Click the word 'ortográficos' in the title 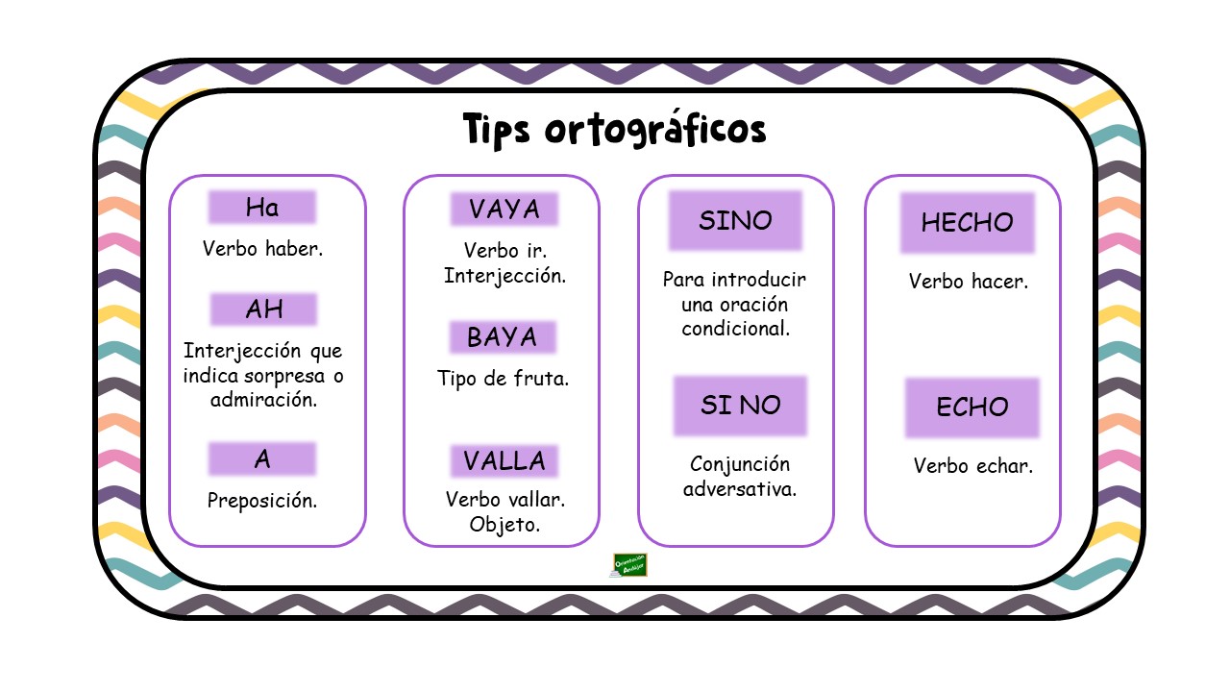[x=655, y=130]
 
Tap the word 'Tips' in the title [x=497, y=130]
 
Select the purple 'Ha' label [x=262, y=207]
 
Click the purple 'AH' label [x=263, y=309]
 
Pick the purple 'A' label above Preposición [x=262, y=458]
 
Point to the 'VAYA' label [x=504, y=209]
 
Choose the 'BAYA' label [x=503, y=336]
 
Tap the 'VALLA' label [x=504, y=460]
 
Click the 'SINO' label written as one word [x=735, y=220]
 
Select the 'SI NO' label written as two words [x=740, y=406]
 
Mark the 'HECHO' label [x=968, y=222]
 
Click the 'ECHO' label [x=972, y=408]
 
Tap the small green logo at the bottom [x=629, y=565]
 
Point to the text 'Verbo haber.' [x=262, y=249]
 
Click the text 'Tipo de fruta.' [x=503, y=379]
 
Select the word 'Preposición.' [x=262, y=501]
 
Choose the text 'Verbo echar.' [x=973, y=466]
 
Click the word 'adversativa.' [x=740, y=489]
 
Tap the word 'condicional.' [x=736, y=329]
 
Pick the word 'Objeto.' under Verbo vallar [x=504, y=525]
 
